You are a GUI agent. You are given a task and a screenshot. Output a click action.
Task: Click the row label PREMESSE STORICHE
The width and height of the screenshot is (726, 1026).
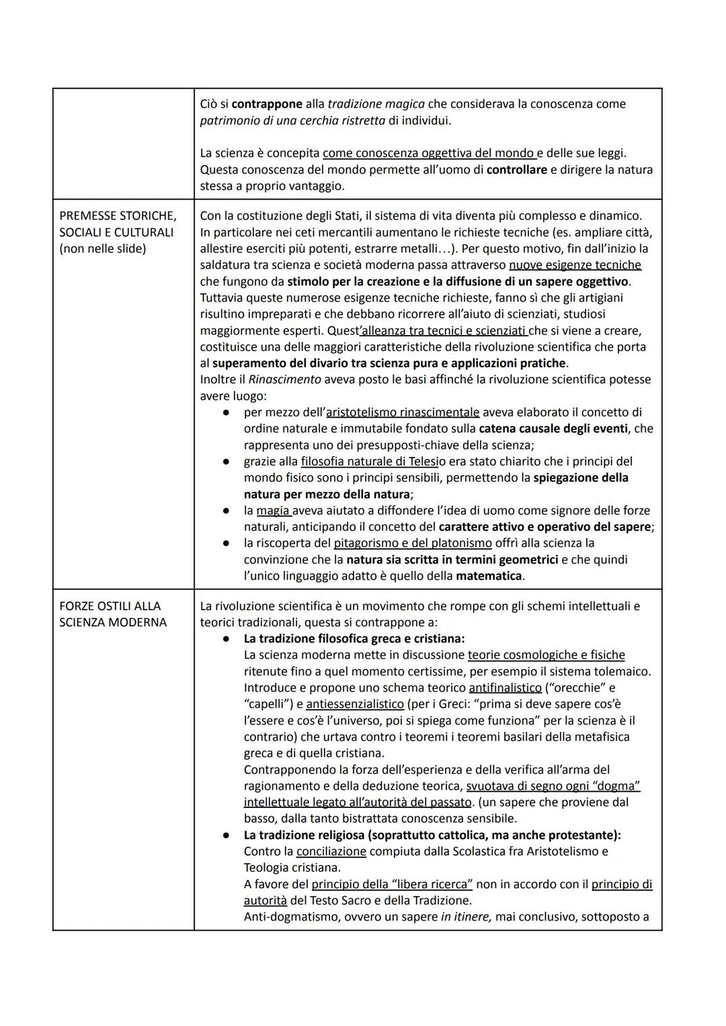click(x=118, y=216)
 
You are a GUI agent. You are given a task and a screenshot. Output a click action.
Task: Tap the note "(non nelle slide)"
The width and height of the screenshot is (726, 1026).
click(x=102, y=249)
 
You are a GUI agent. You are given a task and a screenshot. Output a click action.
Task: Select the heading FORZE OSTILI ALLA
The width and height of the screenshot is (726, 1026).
click(x=110, y=606)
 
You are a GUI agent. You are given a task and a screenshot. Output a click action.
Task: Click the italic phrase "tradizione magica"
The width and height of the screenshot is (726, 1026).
click(x=376, y=104)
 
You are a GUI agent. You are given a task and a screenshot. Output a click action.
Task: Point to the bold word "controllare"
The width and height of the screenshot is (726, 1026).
click(x=516, y=170)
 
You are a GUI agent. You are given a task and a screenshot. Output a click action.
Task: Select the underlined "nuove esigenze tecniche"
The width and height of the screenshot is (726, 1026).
click(x=575, y=265)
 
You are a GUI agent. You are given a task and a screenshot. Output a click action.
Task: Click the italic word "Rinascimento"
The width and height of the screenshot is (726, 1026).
click(x=284, y=379)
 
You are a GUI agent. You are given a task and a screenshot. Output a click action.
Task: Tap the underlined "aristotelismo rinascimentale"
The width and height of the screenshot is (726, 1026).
click(x=403, y=412)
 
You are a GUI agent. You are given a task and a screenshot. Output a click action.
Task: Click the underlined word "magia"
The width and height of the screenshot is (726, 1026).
click(x=273, y=511)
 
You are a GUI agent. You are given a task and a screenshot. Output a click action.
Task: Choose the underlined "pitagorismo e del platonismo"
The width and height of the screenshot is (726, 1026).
click(x=413, y=543)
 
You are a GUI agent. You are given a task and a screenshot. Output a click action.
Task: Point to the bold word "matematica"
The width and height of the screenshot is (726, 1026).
click(x=489, y=576)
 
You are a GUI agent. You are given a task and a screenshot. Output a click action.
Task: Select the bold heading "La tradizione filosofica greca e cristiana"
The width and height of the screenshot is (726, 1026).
click(x=354, y=638)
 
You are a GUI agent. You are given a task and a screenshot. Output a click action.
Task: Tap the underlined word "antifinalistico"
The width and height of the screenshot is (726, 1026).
click(x=505, y=688)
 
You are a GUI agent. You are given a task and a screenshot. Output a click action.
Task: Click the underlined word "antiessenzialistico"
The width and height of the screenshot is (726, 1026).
click(x=354, y=704)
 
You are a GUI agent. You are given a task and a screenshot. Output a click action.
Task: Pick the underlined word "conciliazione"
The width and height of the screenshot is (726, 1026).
click(x=331, y=851)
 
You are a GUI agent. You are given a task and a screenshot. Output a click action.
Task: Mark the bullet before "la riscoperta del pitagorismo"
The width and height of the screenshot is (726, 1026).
click(x=228, y=543)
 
